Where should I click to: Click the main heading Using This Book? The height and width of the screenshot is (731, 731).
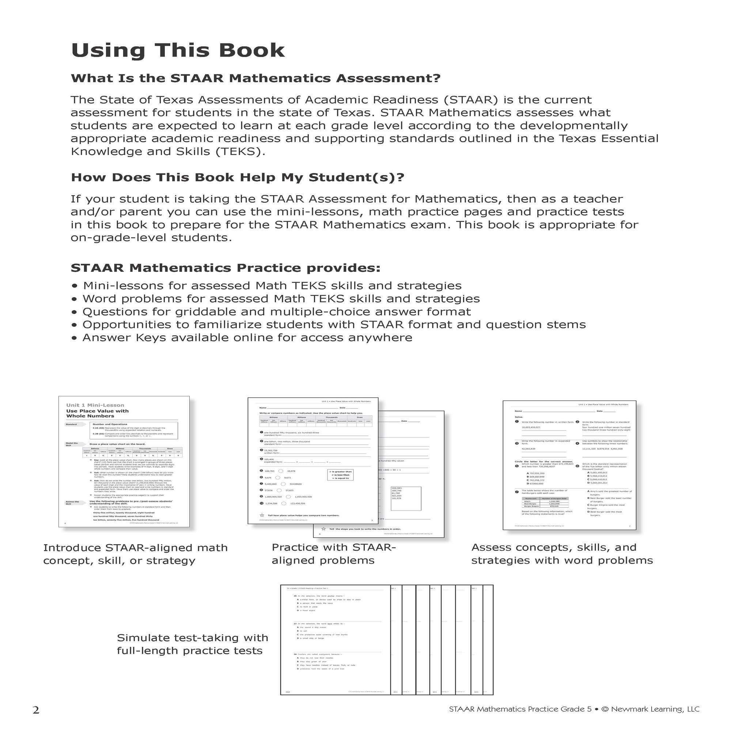click(178, 50)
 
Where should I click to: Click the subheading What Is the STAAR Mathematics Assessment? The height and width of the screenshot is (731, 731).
click(255, 78)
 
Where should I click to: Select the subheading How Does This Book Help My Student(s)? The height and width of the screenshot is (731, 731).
click(237, 178)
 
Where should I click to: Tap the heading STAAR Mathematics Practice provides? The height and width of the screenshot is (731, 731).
click(226, 268)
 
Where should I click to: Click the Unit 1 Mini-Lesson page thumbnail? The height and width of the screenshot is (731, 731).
click(124, 461)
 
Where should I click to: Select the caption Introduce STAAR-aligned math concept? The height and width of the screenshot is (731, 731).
click(135, 554)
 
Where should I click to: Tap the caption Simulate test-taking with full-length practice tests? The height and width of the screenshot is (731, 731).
click(192, 644)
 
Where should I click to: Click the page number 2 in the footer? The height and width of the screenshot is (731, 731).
click(36, 710)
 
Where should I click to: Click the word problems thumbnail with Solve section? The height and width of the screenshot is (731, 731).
click(569, 465)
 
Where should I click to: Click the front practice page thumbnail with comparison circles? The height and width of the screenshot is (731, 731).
click(313, 461)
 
